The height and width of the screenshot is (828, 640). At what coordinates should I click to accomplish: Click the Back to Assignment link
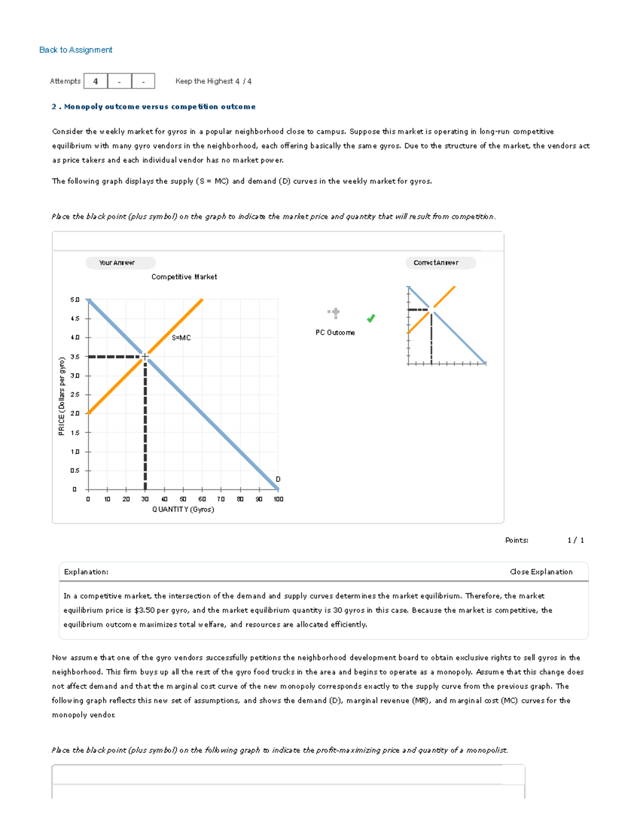click(76, 50)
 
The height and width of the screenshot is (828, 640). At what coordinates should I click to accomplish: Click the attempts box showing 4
click(95, 81)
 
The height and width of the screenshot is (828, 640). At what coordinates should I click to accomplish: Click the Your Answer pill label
click(117, 263)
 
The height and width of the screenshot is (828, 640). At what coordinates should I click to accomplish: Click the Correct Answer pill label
click(436, 263)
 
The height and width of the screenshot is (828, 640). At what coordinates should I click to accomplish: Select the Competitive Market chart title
click(184, 277)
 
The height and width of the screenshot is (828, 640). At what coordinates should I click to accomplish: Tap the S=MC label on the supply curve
click(181, 337)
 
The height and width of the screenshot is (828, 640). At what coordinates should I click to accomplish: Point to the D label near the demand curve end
click(278, 479)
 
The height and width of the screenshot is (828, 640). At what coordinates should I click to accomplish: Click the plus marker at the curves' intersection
click(145, 357)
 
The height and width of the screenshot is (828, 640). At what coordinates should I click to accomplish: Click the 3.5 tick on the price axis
click(75, 357)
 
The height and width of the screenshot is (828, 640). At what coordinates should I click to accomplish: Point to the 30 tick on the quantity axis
click(145, 499)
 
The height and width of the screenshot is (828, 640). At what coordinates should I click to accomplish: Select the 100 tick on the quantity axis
click(278, 499)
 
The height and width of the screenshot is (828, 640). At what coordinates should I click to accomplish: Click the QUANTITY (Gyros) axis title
click(183, 509)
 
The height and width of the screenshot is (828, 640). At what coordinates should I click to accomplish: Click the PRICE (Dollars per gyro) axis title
click(62, 396)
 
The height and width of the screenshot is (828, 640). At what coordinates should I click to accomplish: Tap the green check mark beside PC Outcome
click(371, 318)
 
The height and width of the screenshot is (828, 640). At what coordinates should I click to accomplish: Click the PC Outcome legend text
click(335, 332)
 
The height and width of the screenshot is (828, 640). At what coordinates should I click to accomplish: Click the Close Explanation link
click(541, 572)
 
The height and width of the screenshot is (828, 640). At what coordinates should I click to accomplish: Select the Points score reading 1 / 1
click(575, 540)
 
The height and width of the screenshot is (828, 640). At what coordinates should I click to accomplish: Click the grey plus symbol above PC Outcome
click(334, 313)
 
